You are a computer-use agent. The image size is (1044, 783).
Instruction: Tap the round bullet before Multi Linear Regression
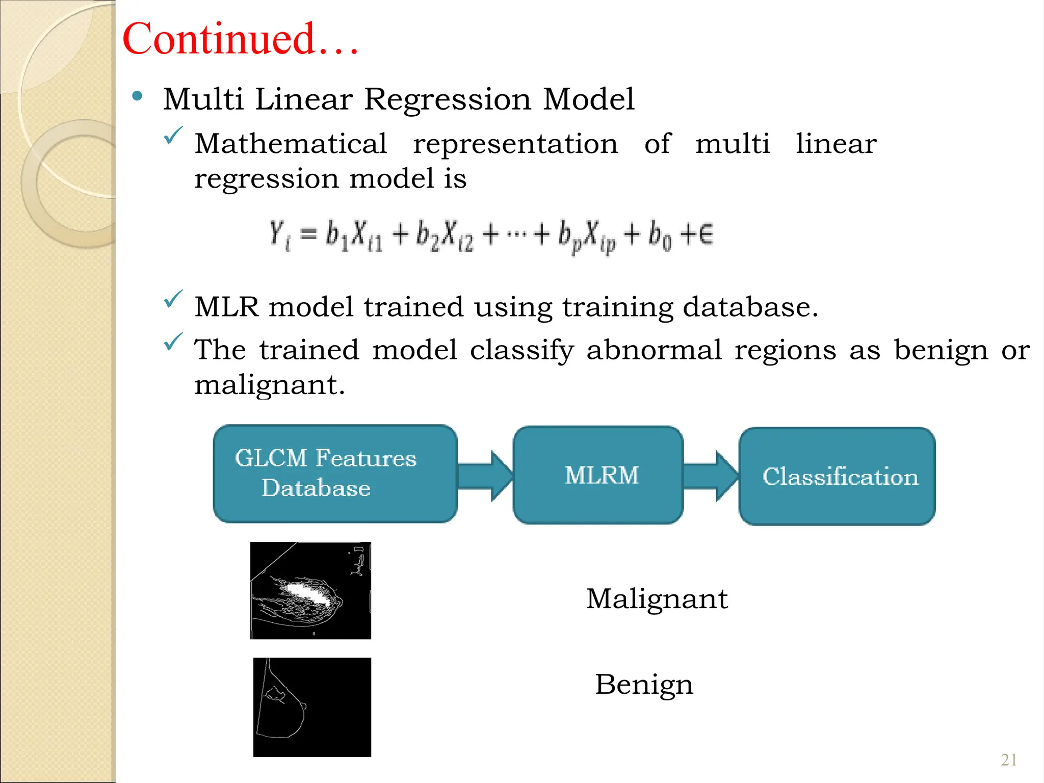click(137, 96)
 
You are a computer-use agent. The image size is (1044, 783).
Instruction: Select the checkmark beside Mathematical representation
click(173, 136)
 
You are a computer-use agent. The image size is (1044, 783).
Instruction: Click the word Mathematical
click(291, 144)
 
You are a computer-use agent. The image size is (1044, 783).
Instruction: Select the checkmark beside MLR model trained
click(173, 299)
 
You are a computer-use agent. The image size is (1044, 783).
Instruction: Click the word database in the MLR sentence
click(749, 307)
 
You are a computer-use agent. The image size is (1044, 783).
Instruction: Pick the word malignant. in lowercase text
click(269, 385)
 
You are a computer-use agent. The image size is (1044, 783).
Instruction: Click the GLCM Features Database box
click(335, 474)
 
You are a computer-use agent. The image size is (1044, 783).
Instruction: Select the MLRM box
click(598, 475)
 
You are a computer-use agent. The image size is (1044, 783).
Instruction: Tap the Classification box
click(837, 477)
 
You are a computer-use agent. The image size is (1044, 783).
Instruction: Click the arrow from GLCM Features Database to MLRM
click(484, 476)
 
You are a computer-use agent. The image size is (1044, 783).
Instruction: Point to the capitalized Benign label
click(644, 685)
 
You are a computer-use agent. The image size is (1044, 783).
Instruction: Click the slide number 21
click(1008, 760)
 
